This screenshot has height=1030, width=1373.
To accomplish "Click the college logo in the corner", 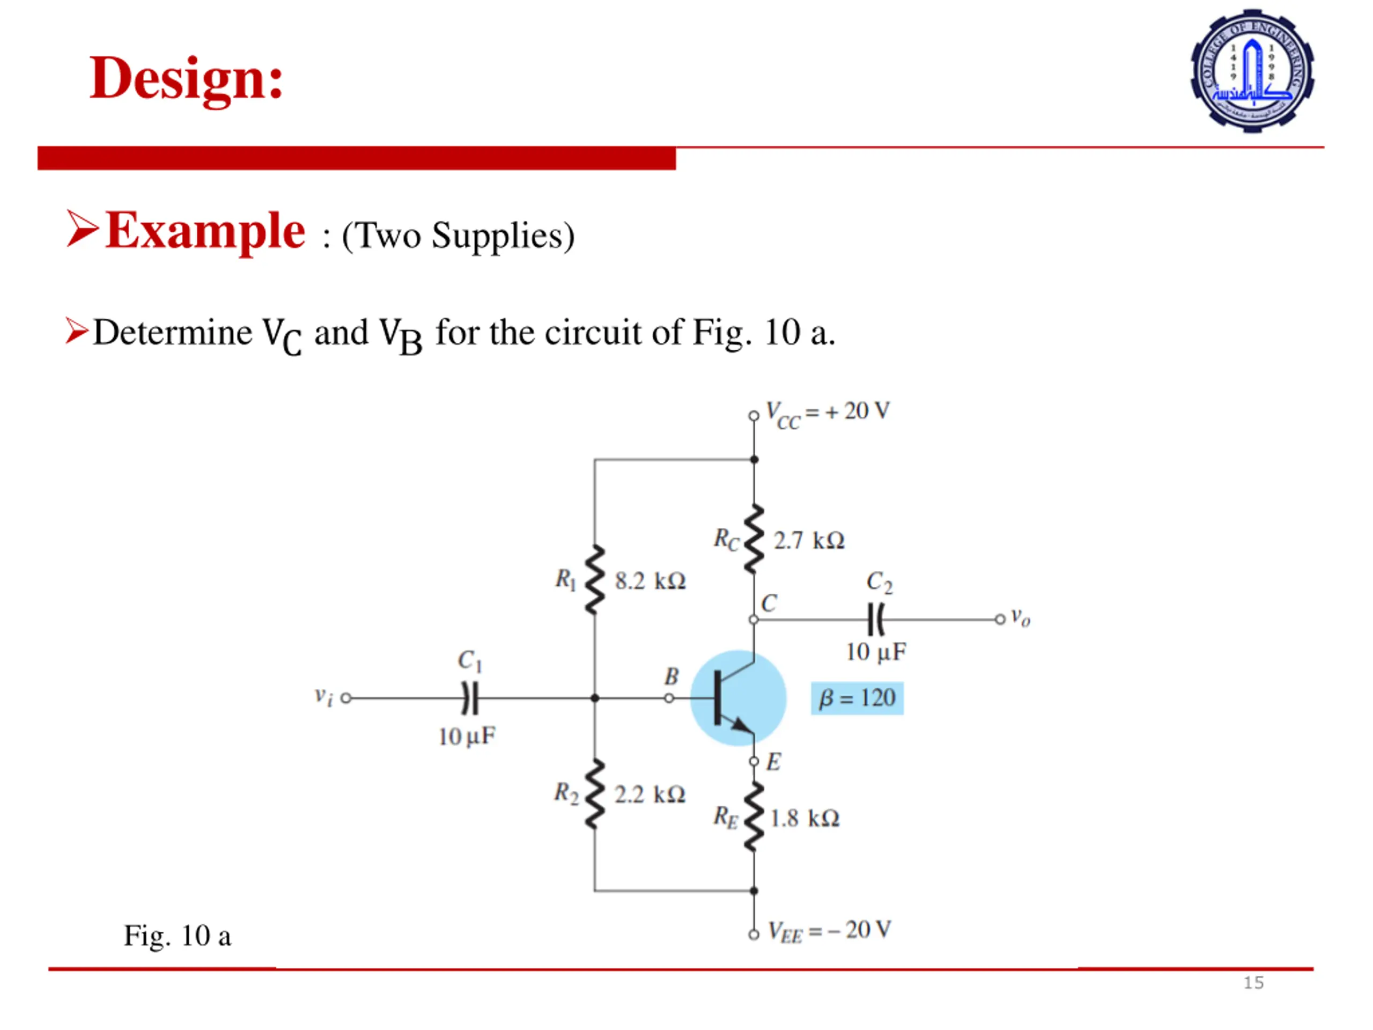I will [x=1251, y=70].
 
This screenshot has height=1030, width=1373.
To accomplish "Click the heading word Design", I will [x=186, y=79].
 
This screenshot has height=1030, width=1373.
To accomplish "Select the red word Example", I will [x=205, y=231].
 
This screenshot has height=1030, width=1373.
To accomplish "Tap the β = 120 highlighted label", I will [x=857, y=698].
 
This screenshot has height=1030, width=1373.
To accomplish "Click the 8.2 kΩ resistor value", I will [x=650, y=581].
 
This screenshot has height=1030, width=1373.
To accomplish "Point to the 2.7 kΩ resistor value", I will [x=809, y=541].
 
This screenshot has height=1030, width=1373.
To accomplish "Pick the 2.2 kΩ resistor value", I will [x=649, y=794].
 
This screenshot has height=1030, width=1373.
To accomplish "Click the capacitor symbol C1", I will [x=470, y=698].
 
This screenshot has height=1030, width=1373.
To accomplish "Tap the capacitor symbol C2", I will [x=876, y=620].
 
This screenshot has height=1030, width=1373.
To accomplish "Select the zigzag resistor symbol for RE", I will [x=754, y=817].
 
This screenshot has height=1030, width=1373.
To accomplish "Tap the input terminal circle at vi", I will [x=346, y=698].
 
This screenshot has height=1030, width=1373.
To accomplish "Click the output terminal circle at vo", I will [x=999, y=620].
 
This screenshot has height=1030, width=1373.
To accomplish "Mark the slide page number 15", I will [x=1253, y=983].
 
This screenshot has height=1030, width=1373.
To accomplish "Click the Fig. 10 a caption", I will [x=178, y=936].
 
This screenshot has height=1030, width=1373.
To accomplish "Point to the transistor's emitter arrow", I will [x=741, y=724].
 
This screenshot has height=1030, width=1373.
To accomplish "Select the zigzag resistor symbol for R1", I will [x=595, y=580].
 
